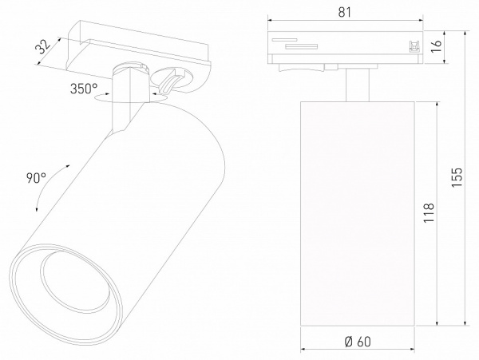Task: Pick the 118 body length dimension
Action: (429, 216)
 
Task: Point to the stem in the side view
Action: (356, 86)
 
